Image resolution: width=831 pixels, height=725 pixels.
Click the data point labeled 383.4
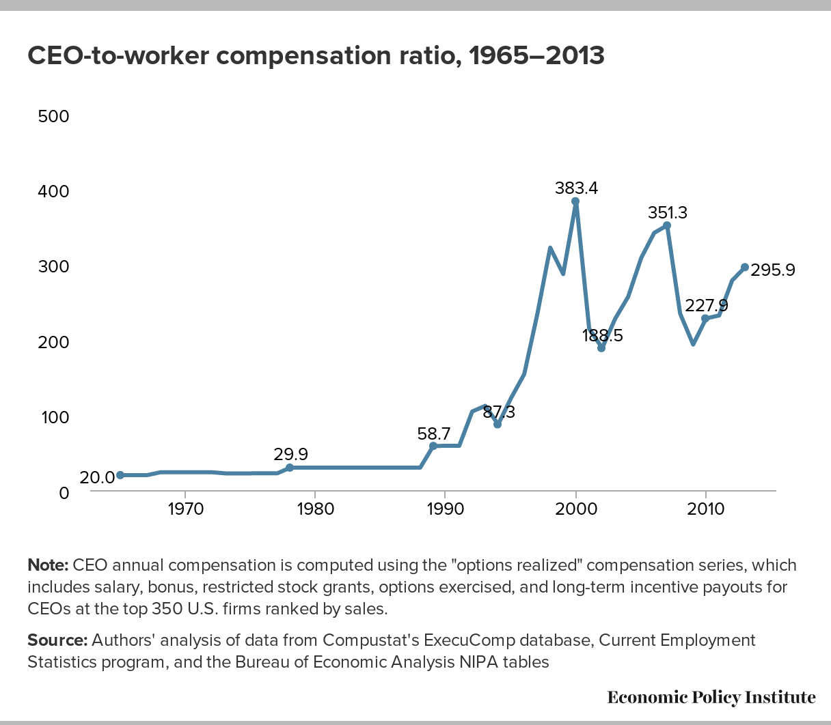575,201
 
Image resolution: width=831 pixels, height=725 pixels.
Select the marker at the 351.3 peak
667,225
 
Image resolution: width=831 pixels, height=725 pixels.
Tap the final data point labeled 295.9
745,267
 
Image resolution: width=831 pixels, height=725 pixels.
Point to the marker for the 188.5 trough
601,348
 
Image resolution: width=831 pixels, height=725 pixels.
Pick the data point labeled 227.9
705,318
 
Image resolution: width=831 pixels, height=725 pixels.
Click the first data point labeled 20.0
120,475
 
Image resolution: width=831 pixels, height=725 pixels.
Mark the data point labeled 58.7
433,446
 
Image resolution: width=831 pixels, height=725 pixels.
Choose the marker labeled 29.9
289,468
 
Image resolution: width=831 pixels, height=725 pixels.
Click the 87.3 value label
499,412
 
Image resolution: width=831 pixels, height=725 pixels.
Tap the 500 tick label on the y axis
54,116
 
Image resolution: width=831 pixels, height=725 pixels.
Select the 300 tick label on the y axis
54,267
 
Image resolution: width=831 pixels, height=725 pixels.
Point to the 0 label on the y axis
64,492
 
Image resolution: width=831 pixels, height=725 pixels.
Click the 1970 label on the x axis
185,509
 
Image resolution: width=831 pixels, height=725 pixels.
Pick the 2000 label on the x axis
575,509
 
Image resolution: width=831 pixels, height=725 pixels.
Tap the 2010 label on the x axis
705,509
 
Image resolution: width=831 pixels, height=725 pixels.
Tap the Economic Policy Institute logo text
711,697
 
